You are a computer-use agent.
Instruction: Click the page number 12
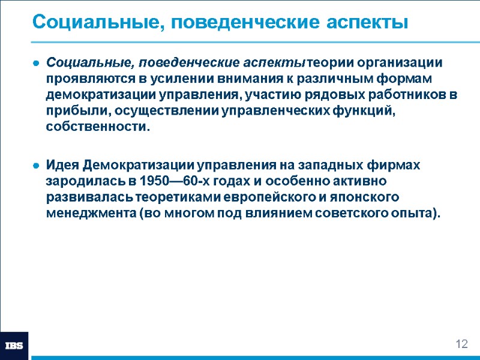point(461,344)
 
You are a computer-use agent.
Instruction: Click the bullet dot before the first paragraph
point(37,64)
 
